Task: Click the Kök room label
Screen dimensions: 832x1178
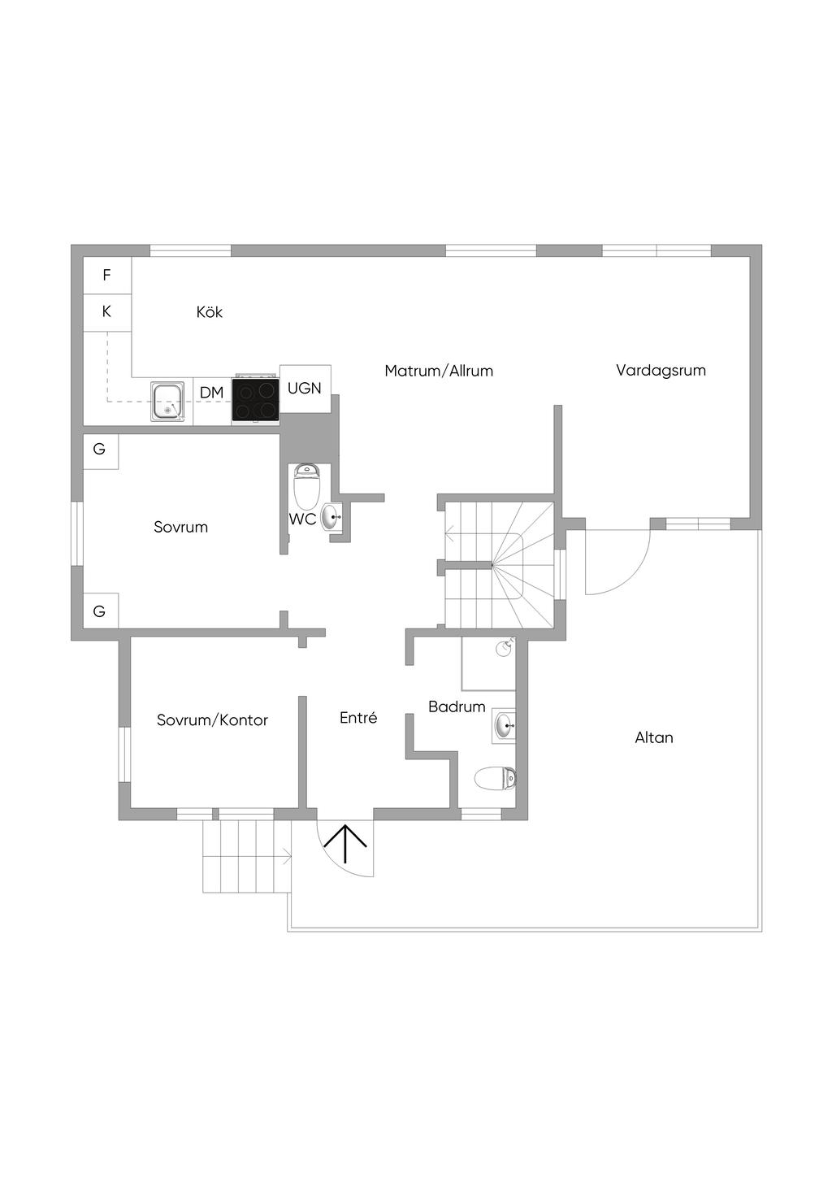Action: click(209, 312)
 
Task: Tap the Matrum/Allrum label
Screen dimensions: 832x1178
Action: click(439, 371)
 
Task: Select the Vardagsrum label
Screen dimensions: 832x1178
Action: click(661, 370)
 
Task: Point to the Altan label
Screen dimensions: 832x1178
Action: click(654, 737)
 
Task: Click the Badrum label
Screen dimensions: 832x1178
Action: click(457, 706)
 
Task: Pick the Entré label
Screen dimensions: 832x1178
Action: click(358, 718)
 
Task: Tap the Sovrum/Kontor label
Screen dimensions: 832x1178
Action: click(212, 720)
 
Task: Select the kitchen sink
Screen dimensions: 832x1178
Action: click(168, 402)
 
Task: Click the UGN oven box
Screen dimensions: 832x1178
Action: click(305, 389)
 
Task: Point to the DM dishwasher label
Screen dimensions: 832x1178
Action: click(212, 393)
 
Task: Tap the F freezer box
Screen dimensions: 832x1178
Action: click(107, 276)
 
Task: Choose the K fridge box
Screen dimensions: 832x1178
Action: click(107, 313)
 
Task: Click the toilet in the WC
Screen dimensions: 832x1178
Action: click(305, 484)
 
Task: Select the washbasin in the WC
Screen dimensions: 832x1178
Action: click(331, 517)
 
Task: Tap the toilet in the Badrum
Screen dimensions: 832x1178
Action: click(495, 778)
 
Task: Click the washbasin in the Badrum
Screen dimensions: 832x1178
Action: click(504, 726)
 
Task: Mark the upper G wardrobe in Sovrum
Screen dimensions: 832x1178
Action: click(101, 450)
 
